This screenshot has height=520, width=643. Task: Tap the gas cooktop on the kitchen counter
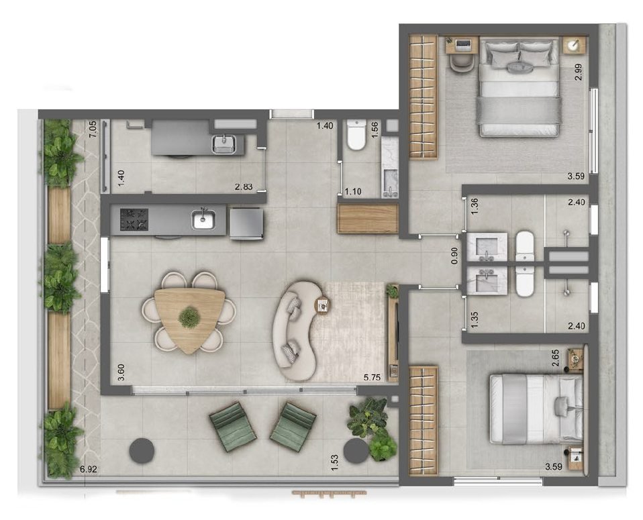tap(134, 219)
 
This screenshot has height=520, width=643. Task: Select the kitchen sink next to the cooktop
tap(203, 219)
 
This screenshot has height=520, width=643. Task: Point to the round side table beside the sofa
tap(322, 305)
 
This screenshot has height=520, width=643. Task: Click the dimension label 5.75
tap(372, 378)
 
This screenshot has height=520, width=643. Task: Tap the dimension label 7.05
tap(93, 129)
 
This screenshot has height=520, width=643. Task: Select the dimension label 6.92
tap(89, 469)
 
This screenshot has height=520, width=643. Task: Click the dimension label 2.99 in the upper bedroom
tap(579, 72)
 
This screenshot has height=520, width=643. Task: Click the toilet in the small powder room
tap(356, 134)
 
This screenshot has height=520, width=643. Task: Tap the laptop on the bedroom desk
tap(462, 44)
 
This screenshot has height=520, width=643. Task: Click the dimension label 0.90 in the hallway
tap(454, 256)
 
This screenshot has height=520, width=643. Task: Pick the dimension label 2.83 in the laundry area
tap(244, 187)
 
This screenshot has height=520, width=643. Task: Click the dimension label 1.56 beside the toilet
tap(375, 130)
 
